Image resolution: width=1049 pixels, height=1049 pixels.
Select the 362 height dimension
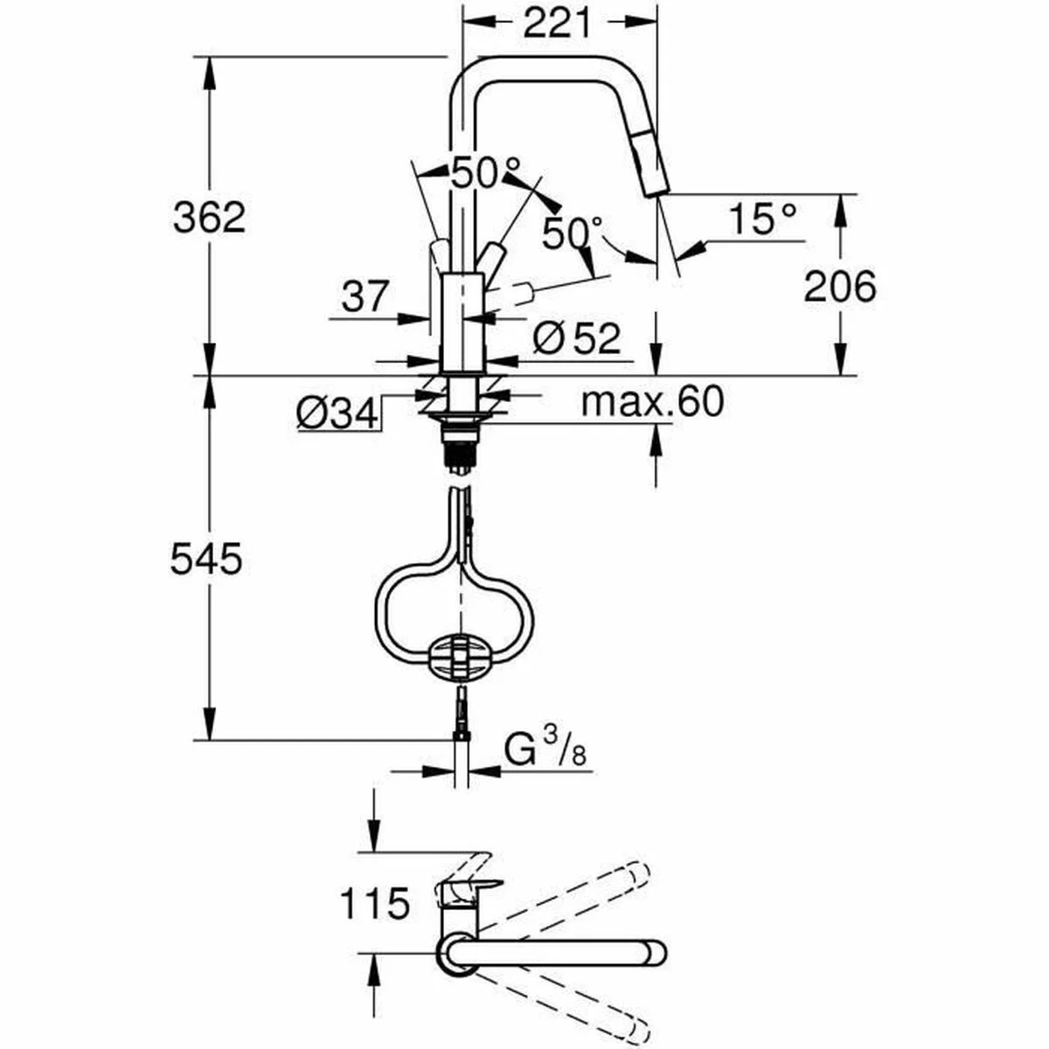click(x=209, y=217)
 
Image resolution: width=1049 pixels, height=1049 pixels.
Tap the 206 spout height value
click(x=839, y=286)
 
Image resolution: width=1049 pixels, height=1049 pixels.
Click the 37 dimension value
click(x=363, y=297)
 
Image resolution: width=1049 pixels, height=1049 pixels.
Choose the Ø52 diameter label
click(x=576, y=338)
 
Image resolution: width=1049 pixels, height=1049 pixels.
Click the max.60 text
click(x=653, y=402)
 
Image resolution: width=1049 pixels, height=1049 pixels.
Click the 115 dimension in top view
click(x=375, y=903)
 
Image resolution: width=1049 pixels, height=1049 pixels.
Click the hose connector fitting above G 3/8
click(x=461, y=710)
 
